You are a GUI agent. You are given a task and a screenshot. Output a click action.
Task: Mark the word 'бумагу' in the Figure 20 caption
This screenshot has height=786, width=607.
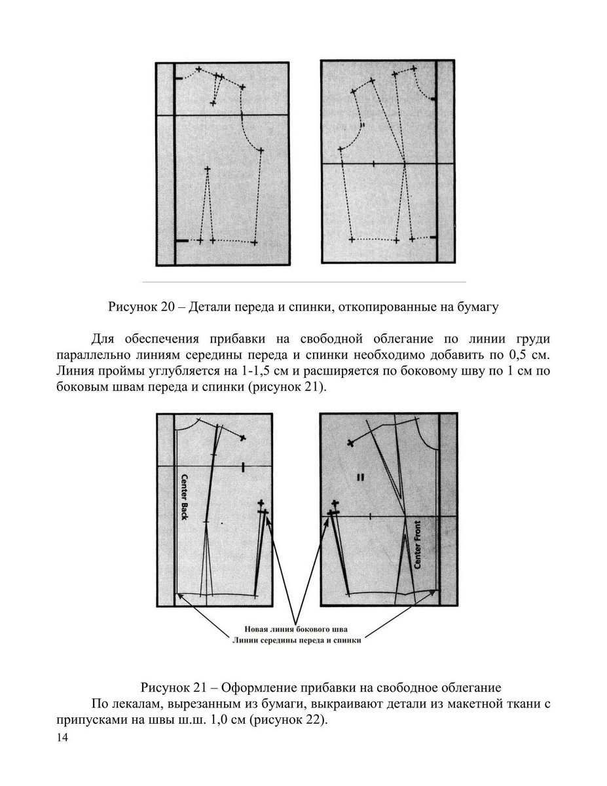coord(479,306)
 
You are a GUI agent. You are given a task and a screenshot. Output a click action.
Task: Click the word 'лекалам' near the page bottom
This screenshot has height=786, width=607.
coord(134,704)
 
